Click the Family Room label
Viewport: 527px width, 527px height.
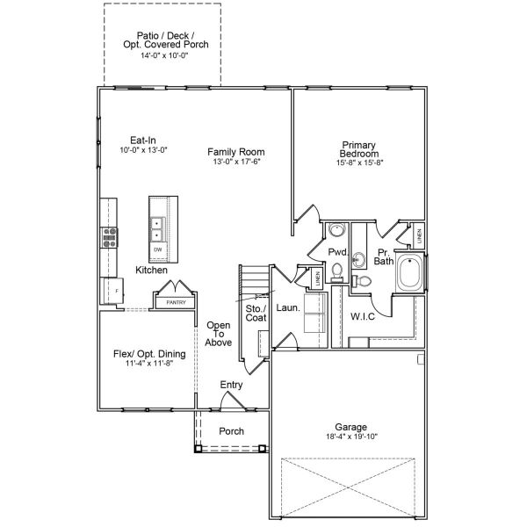(236, 152)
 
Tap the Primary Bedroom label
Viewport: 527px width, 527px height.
(359, 148)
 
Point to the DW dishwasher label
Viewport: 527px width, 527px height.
(158, 250)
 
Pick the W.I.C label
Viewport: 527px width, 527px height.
(363, 316)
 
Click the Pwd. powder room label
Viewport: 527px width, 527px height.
(338, 252)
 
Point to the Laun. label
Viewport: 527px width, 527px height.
(287, 309)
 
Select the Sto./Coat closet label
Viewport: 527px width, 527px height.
(256, 314)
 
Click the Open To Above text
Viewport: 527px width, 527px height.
(219, 334)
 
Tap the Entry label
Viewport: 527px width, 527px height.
(232, 385)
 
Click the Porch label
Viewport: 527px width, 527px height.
(231, 431)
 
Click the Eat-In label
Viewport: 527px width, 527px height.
(143, 140)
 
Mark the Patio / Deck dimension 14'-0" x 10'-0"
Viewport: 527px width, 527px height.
(164, 54)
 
